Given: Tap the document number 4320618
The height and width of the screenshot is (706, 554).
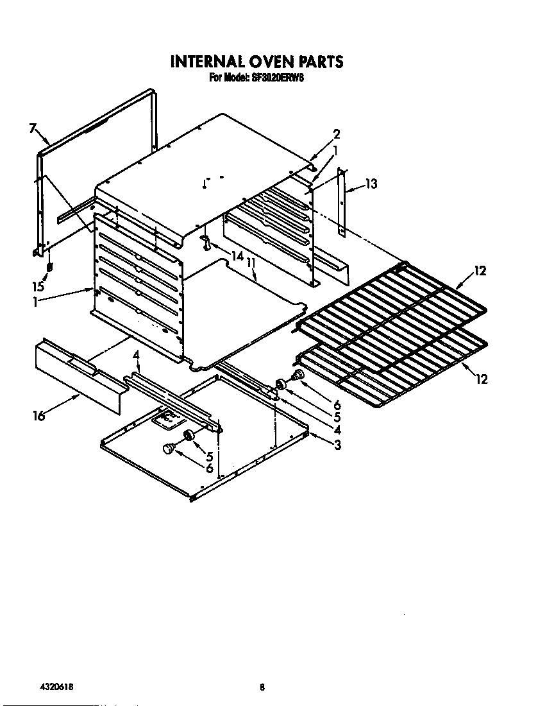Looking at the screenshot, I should tap(56, 687).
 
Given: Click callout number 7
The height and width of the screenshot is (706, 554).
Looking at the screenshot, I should tap(33, 128).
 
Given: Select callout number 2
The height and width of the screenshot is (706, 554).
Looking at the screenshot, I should tap(336, 134).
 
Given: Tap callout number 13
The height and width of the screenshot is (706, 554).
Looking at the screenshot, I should tap(371, 184).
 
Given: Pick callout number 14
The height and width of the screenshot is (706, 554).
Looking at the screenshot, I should tap(237, 256).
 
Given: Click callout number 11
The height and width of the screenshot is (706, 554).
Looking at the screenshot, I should tap(252, 263).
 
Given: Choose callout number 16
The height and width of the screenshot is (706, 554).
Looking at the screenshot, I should tap(39, 415).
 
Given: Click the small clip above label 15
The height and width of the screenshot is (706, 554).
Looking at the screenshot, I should tap(50, 266).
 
